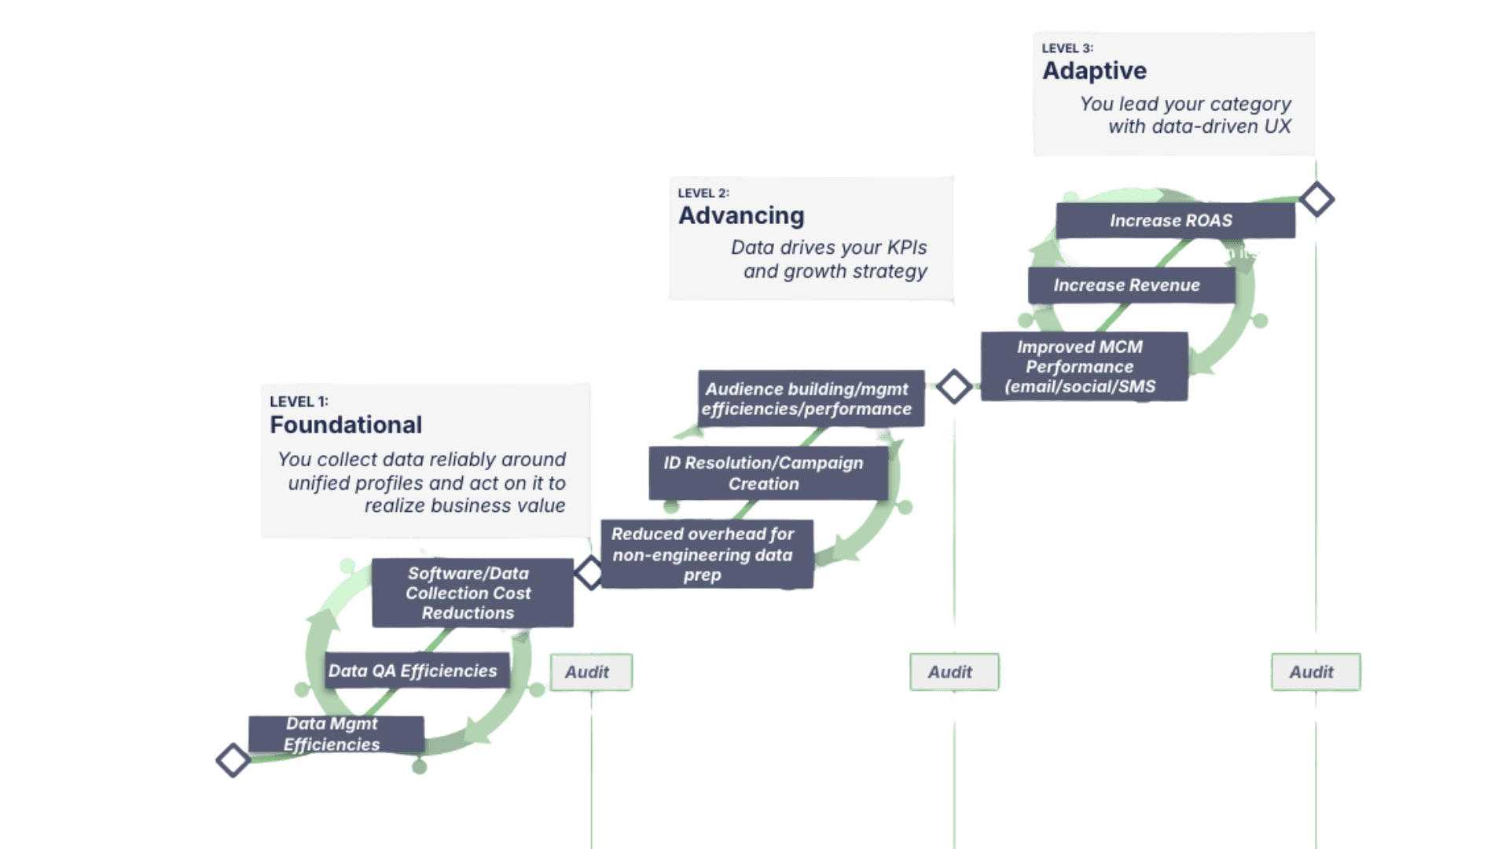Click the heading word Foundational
346,425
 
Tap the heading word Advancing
741,215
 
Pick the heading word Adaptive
1094,71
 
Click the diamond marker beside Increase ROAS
1317,199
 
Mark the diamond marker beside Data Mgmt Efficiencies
233,759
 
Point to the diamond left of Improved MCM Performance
954,386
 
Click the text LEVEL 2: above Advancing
703,193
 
